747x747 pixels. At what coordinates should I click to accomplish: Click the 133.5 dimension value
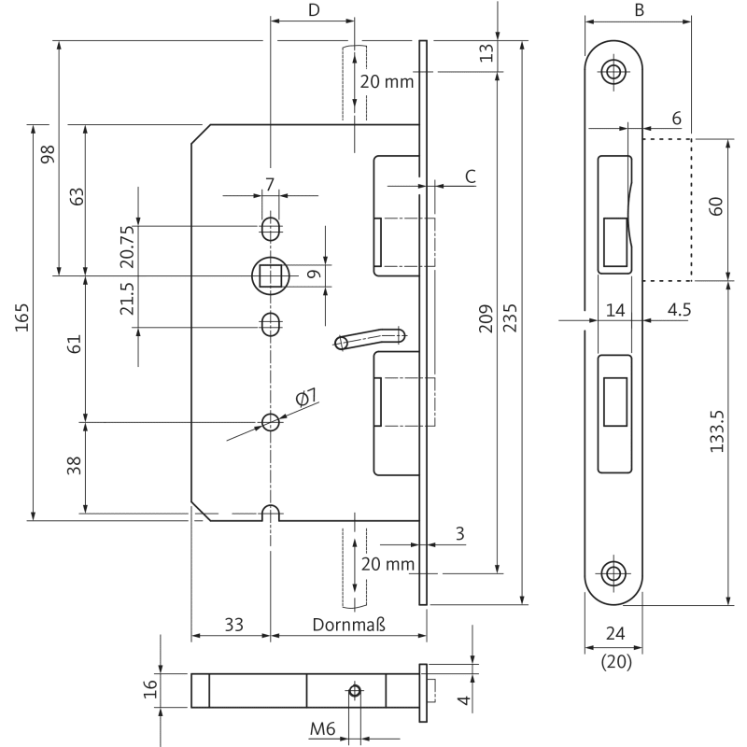(x=716, y=431)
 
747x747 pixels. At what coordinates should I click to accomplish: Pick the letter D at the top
(x=314, y=11)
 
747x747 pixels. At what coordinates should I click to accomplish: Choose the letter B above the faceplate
(x=639, y=11)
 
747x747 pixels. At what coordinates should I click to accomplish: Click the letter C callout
(x=471, y=176)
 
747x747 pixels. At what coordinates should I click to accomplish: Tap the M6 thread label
(x=325, y=728)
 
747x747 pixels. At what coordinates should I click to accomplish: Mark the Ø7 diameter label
(x=305, y=399)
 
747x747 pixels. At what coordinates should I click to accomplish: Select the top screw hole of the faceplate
(x=613, y=72)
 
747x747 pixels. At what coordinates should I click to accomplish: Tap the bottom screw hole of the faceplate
(x=613, y=572)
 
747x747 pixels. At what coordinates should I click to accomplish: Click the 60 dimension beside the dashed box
(x=716, y=207)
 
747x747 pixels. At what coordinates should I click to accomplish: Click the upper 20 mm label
(x=386, y=82)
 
